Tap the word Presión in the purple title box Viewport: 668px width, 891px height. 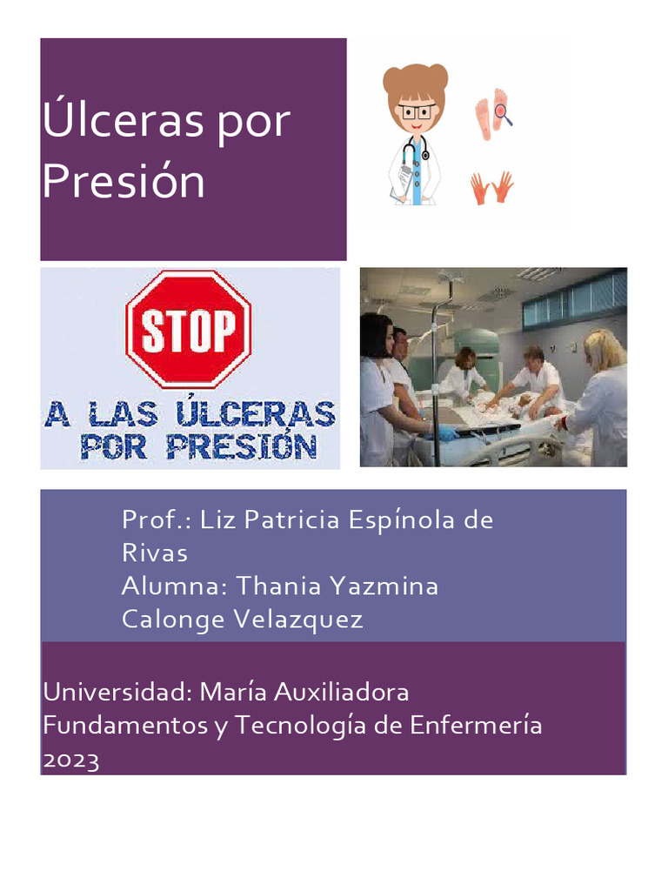123,182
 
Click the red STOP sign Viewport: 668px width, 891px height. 189,328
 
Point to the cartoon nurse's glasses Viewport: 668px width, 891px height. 417,111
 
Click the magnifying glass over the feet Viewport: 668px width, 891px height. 503,113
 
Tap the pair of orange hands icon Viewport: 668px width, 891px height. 491,187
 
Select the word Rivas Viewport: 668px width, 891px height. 154,553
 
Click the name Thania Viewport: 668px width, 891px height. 278,586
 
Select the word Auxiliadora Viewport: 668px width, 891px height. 341,693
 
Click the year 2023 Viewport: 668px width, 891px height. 71,760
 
